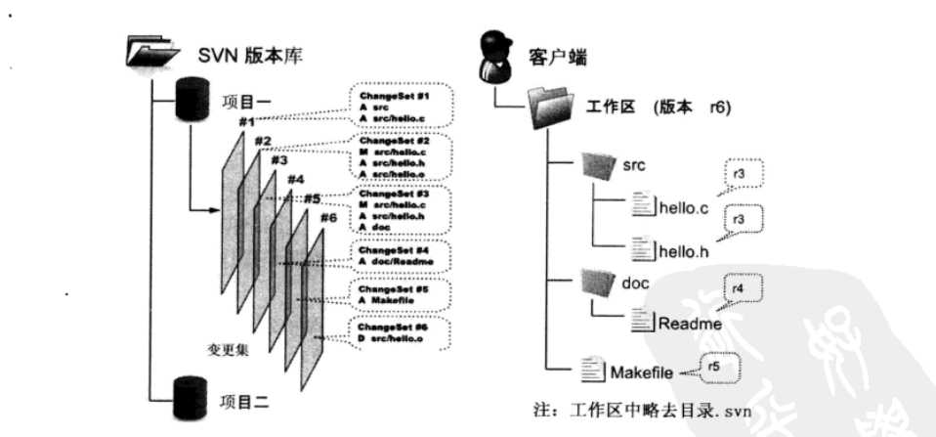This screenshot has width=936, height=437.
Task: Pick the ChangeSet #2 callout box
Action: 402,157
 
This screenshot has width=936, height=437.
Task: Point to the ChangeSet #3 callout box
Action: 402,208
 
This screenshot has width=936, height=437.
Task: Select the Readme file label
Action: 689,322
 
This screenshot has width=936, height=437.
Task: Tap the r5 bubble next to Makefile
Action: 716,368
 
